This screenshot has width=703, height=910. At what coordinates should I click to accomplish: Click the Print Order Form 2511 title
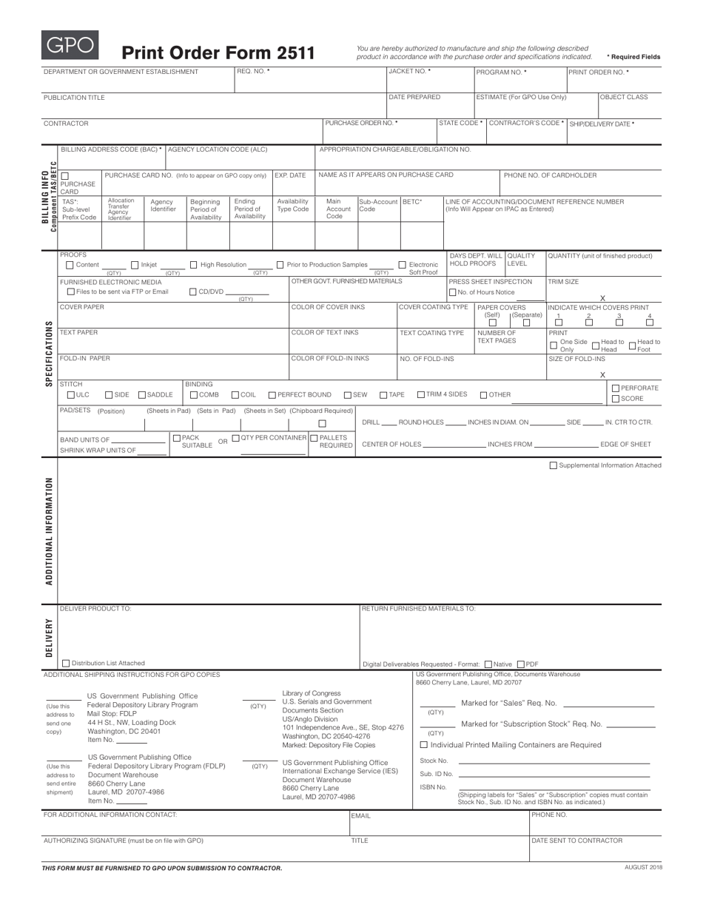(218, 53)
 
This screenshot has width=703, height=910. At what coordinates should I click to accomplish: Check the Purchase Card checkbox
(64, 176)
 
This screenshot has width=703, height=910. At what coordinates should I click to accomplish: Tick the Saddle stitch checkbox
(143, 395)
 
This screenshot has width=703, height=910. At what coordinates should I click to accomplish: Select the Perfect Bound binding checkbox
(272, 395)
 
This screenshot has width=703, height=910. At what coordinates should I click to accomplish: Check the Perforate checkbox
(616, 388)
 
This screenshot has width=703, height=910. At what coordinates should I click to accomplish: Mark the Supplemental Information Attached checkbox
(553, 465)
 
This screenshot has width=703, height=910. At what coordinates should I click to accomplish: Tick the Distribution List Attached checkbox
(65, 663)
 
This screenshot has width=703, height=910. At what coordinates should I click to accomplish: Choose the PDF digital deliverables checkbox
(521, 664)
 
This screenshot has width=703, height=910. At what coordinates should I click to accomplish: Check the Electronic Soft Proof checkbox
(403, 265)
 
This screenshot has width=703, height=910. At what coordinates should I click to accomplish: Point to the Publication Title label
(74, 98)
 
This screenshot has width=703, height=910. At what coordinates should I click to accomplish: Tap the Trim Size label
(563, 282)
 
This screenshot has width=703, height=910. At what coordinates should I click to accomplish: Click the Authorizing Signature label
(123, 840)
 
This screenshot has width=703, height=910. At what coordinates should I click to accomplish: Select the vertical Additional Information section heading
(50, 531)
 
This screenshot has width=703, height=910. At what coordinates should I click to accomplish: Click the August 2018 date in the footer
(644, 867)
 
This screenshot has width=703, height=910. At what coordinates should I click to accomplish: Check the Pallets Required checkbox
(314, 438)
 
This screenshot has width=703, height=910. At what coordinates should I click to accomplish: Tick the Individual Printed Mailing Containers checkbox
(424, 744)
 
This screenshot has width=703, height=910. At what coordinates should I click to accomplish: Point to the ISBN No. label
(433, 787)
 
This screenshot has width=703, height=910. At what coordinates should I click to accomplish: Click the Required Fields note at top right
(633, 57)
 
